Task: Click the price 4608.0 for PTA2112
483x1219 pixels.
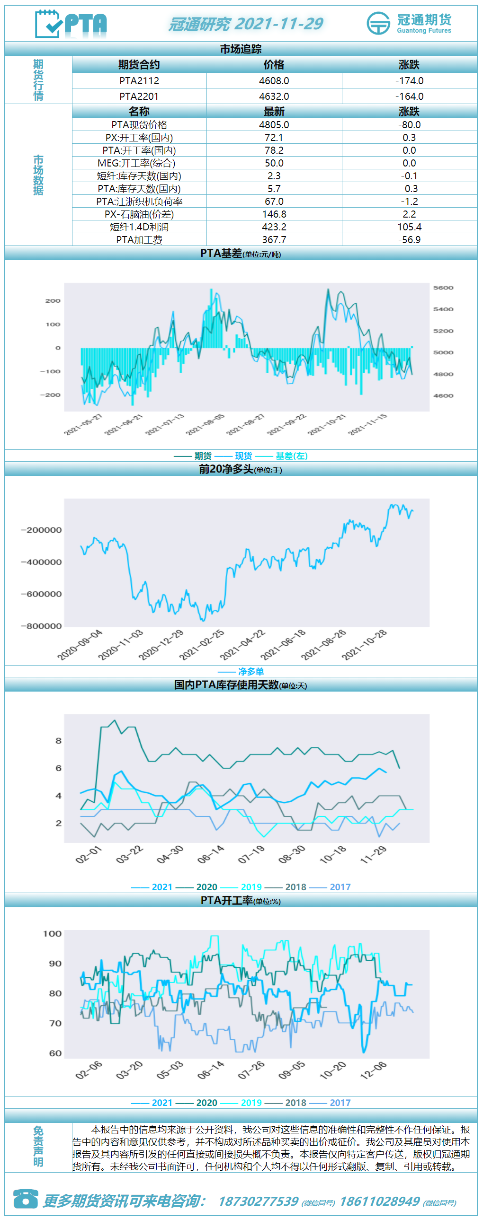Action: pos(274,81)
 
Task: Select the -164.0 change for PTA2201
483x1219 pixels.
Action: pos(409,96)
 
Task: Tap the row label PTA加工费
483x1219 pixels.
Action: pos(139,240)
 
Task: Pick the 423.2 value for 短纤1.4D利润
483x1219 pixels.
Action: pos(274,227)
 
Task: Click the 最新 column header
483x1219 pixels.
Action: pos(274,112)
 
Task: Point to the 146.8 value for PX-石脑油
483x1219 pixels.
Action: pos(274,214)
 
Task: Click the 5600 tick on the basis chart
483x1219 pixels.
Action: pos(443,288)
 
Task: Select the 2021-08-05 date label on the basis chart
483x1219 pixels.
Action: pos(205,424)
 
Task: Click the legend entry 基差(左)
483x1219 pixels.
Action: pos(292,456)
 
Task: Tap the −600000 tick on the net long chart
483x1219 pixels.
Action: pos(41,594)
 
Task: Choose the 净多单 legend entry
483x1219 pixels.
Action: pos(251,672)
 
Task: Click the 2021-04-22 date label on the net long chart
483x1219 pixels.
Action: pos(242,645)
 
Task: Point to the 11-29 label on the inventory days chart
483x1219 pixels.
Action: pos(374,855)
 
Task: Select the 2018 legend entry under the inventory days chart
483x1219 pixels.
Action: pos(296,887)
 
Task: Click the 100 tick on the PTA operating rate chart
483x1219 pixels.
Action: pos(52,934)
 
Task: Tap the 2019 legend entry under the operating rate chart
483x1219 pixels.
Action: pos(251,1103)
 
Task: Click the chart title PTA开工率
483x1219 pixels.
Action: pos(227,901)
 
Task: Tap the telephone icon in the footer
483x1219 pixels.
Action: pos(26,1198)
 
